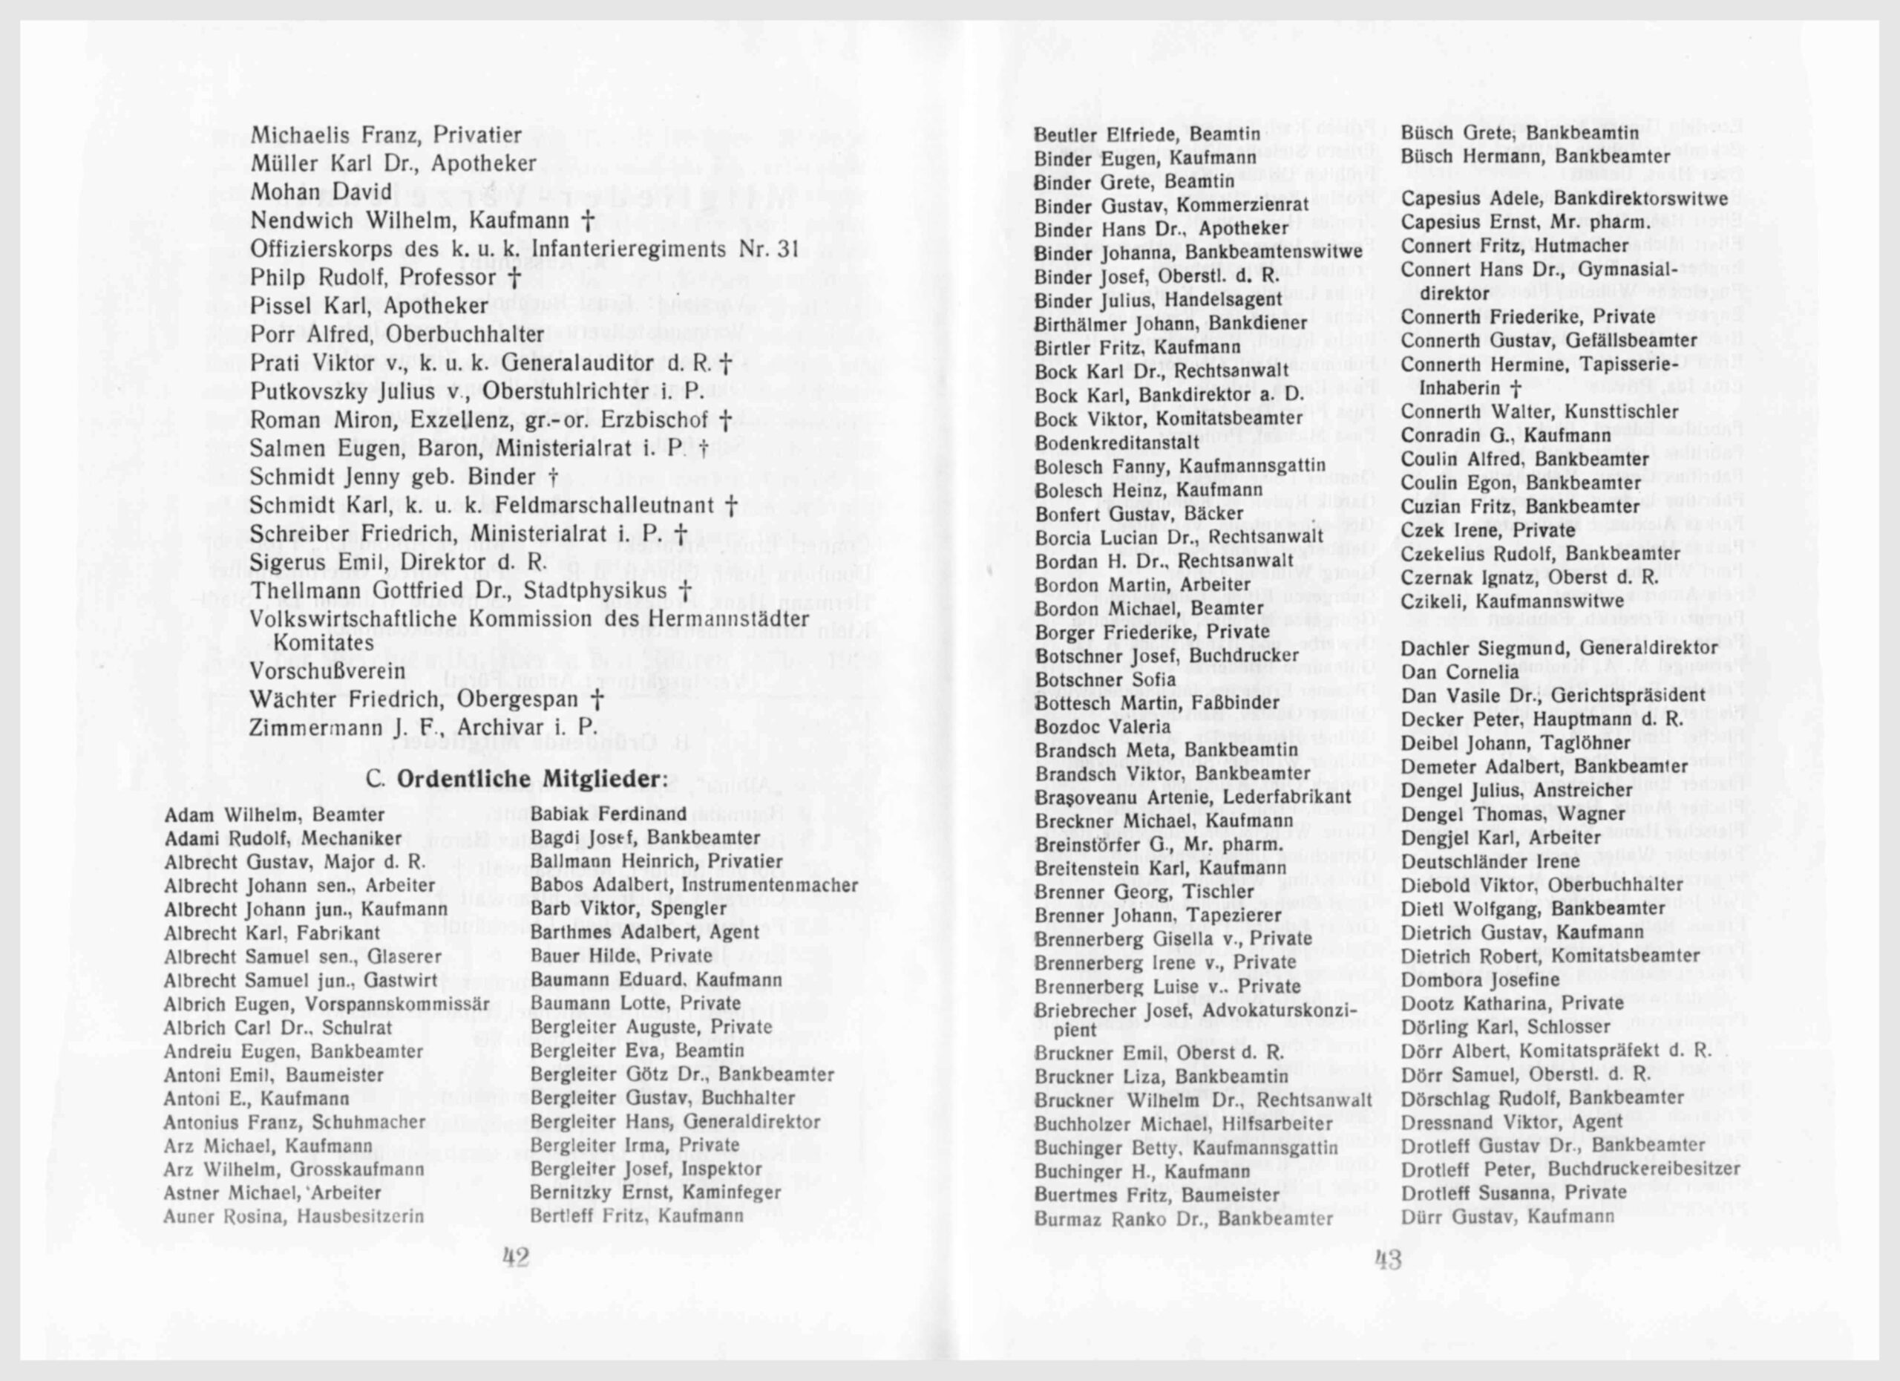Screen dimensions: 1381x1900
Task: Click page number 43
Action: pos(1388,1259)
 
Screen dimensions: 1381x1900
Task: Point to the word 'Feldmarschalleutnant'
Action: pos(605,506)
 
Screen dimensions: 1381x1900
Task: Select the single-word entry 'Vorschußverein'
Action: pos(327,671)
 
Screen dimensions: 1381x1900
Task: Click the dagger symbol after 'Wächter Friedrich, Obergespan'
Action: pos(597,699)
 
